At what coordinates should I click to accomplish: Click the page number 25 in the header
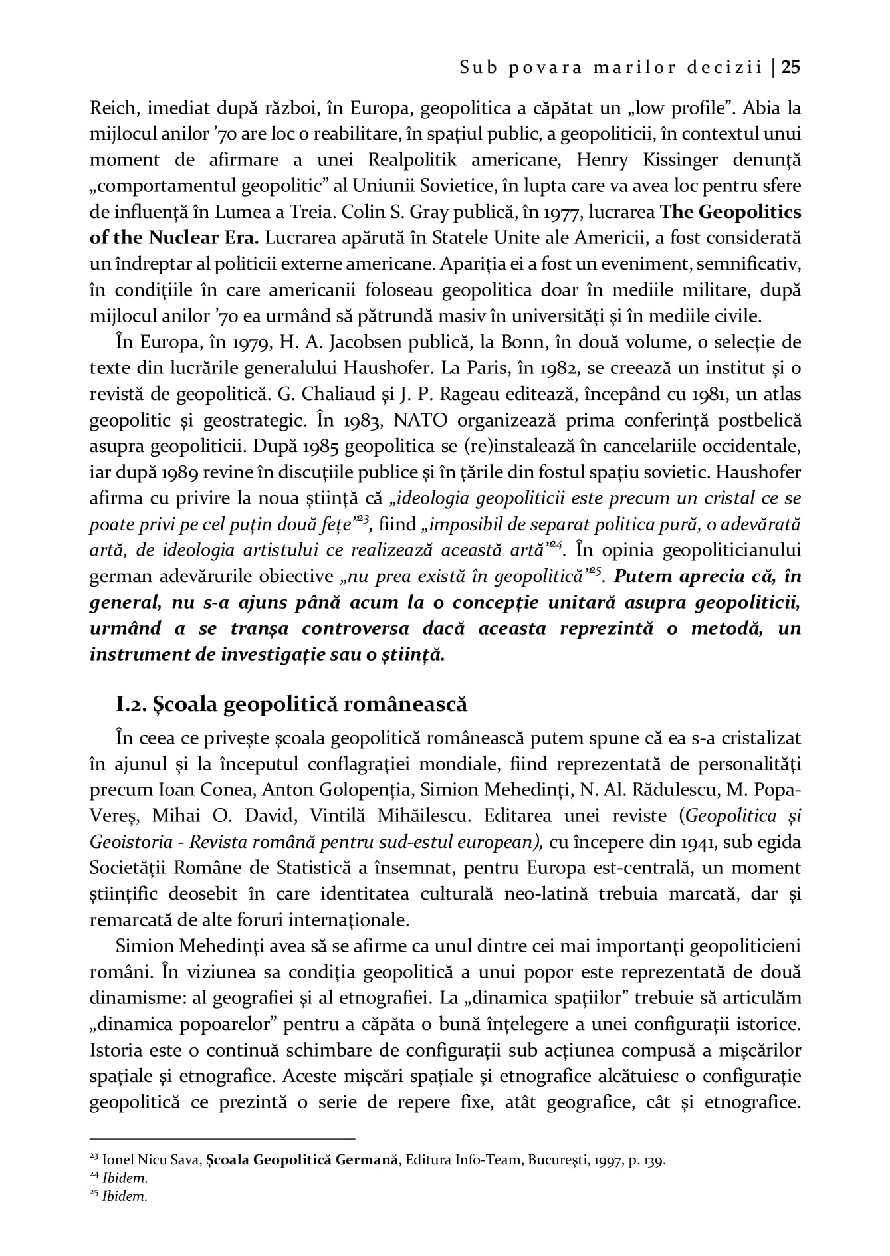tap(791, 67)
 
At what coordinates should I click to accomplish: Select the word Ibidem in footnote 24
tap(125, 1178)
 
